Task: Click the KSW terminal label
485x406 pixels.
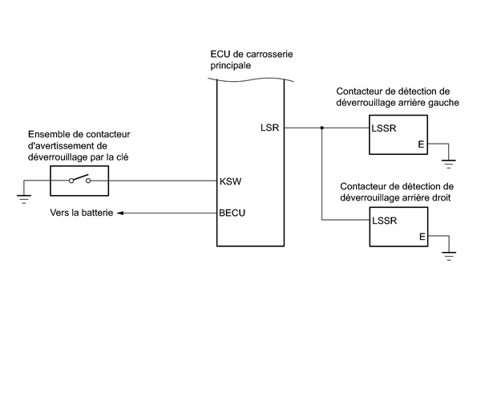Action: [230, 181]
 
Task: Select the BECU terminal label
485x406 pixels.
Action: [232, 213]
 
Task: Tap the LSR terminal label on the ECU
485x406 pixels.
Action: [269, 128]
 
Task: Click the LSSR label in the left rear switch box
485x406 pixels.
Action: [385, 128]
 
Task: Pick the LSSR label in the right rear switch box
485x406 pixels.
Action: [385, 219]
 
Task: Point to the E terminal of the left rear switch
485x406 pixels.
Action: [421, 145]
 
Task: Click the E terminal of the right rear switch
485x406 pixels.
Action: [421, 237]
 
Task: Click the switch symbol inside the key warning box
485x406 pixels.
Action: [79, 181]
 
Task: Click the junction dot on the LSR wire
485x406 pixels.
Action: [321, 128]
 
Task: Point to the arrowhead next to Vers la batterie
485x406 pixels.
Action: [120, 213]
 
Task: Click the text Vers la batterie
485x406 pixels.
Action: [80, 213]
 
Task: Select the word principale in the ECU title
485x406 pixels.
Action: [230, 67]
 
